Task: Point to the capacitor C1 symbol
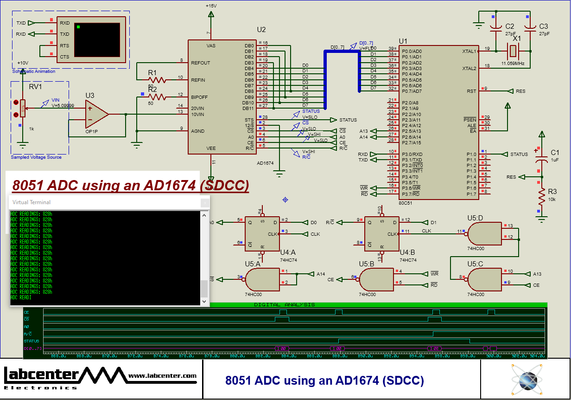pos(541,159)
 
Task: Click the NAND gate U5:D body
pos(484,233)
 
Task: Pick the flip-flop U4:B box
pos(381,234)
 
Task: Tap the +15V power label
pos(211,6)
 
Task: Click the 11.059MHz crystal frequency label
pos(513,63)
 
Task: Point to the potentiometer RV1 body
pos(23,109)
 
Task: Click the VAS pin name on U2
pos(211,46)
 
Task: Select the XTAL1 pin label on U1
pos(469,51)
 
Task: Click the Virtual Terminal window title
pos(32,202)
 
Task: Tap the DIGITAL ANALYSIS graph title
pos(284,305)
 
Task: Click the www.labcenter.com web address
pos(162,375)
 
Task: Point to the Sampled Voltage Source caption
pos(36,157)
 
